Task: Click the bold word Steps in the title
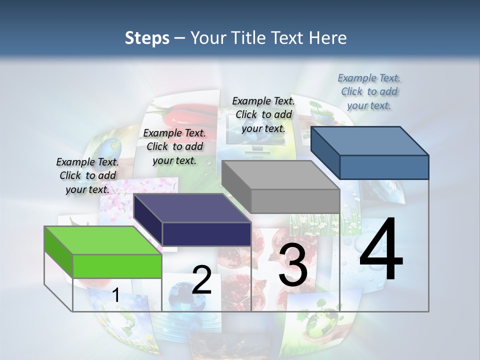(147, 38)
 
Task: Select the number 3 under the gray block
(293, 265)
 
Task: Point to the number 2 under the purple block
(202, 280)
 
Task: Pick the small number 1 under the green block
(115, 295)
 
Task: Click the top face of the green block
(102, 240)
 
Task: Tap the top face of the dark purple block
(192, 208)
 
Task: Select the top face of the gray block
(280, 175)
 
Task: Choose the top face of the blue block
(370, 141)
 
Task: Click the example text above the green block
(87, 175)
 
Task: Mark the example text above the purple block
(174, 146)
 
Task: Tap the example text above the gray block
(263, 114)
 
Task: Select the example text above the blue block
(369, 91)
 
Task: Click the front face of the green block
(117, 266)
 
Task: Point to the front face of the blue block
(384, 167)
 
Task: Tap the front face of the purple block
(206, 234)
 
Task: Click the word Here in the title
(327, 38)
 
